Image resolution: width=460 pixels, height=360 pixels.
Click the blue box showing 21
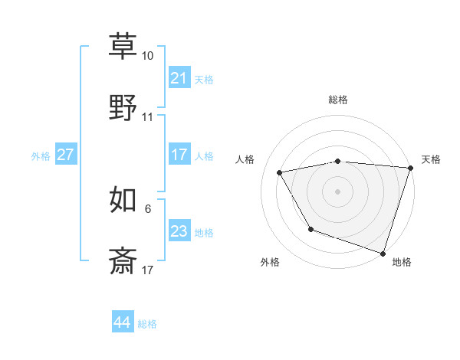pyautogui.click(x=179, y=78)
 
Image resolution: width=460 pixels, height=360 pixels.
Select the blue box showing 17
pyautogui.click(x=179, y=155)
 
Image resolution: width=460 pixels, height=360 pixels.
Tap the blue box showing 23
pyautogui.click(x=179, y=231)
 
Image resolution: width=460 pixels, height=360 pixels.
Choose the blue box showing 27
pyautogui.click(x=65, y=155)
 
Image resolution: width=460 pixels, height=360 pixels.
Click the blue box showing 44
pyautogui.click(x=122, y=322)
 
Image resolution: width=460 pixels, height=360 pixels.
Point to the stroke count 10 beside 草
pyautogui.click(x=148, y=57)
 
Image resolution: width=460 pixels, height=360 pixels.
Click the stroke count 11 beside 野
pyautogui.click(x=148, y=117)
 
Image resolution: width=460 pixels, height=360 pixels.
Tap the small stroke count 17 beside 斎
pyautogui.click(x=148, y=270)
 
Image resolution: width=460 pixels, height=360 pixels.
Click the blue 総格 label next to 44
pyautogui.click(x=147, y=324)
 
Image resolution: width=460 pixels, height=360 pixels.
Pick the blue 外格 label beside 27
pyautogui.click(x=41, y=156)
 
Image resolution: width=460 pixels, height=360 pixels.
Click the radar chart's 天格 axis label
pyautogui.click(x=431, y=159)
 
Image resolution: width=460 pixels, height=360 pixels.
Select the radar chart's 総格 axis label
pyautogui.click(x=337, y=100)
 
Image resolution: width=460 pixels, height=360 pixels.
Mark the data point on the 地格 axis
pyautogui.click(x=382, y=252)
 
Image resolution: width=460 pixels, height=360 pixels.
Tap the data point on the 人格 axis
pyautogui.click(x=280, y=172)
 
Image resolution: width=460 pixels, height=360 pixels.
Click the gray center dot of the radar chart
pyautogui.click(x=337, y=191)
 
